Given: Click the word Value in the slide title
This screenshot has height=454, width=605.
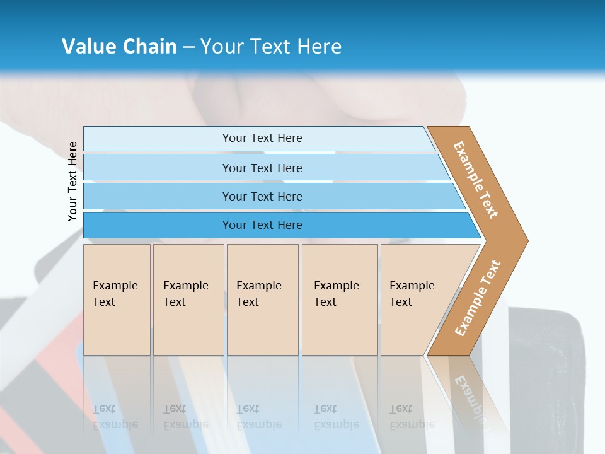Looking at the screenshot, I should click(87, 46).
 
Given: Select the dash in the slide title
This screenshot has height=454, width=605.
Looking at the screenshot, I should click(188, 47).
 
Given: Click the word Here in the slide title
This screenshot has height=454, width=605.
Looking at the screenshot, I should click(319, 46).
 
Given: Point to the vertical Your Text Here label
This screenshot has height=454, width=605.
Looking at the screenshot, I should click(72, 181).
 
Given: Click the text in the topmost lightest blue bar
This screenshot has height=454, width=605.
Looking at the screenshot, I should click(262, 138).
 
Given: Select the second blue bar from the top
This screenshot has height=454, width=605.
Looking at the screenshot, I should click(262, 168).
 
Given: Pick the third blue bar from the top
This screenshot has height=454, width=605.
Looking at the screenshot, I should click(262, 196).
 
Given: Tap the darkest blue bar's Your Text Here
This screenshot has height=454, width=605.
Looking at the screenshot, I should click(262, 224).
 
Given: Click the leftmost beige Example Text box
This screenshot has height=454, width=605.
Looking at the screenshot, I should click(116, 294).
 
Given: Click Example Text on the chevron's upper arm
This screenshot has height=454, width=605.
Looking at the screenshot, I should click(476, 180).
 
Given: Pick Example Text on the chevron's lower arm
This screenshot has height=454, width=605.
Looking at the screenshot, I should click(478, 298).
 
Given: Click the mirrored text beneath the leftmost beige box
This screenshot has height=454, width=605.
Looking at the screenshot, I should click(115, 417).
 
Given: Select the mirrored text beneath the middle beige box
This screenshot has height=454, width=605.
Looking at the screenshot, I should click(259, 417).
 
